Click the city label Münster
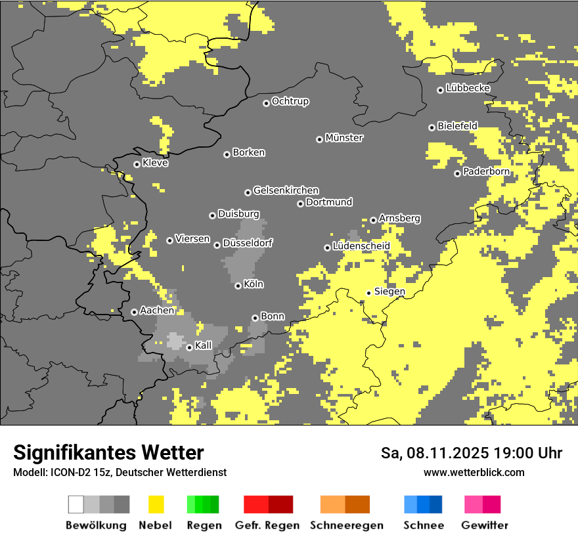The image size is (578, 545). tap(344, 138)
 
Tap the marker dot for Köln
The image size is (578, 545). tap(238, 286)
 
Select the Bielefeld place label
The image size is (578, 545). tap(457, 125)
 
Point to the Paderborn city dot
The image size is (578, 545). tap(457, 173)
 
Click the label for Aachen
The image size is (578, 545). tap(157, 311)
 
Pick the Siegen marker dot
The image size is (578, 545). tap(368, 293)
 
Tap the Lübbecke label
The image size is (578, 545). tap(468, 88)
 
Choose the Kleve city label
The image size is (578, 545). tap(155, 163)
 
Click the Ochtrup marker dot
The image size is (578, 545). tap(266, 102)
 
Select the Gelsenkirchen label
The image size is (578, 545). tap(286, 190)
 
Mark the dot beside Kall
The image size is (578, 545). tap(189, 347)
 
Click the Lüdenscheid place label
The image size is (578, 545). tap(361, 246)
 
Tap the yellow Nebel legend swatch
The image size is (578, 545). tap(156, 504)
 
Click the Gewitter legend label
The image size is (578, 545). tap(484, 525)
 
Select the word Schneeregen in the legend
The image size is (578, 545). tap(346, 525)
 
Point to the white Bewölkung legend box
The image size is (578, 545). tap(76, 504)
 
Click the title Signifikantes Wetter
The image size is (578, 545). tap(108, 452)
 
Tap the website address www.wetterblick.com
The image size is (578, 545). tap(474, 472)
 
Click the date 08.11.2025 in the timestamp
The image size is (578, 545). tap(437, 453)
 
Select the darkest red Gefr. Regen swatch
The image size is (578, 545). tap(280, 504)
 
